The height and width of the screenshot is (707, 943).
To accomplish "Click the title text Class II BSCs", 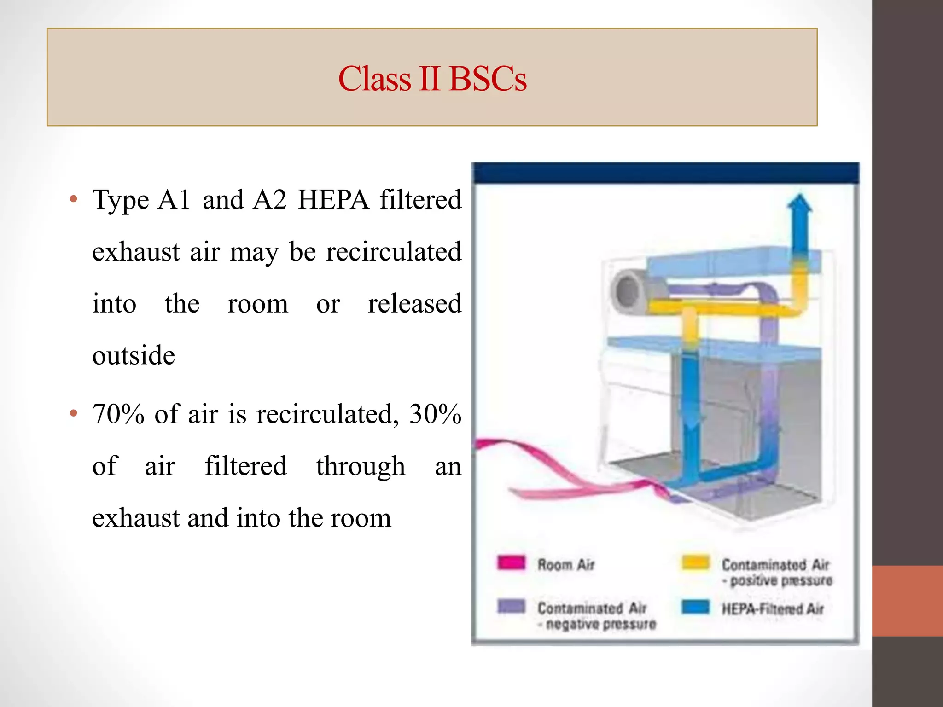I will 432,79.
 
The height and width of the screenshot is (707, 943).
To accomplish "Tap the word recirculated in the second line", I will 393,252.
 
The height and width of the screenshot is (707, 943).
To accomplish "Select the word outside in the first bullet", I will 134,355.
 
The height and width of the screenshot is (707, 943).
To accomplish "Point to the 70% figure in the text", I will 118,414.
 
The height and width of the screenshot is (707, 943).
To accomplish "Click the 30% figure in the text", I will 435,414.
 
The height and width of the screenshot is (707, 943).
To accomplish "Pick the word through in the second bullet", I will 361,466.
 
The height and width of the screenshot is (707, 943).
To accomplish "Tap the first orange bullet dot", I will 73,199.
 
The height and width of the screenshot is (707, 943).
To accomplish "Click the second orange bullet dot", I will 73,413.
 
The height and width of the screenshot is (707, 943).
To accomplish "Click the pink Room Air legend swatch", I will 511,562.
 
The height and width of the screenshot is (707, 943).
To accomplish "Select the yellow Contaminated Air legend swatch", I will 695,562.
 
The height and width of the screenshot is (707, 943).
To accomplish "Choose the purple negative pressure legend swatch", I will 511,606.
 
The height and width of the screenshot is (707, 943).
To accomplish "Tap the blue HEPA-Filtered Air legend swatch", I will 695,607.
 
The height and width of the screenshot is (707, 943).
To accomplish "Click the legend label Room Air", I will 566,564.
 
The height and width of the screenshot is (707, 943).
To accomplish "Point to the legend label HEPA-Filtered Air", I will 772,609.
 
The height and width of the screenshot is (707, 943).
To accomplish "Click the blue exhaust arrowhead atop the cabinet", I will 800,204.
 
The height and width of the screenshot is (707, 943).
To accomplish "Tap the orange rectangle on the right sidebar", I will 907,601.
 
